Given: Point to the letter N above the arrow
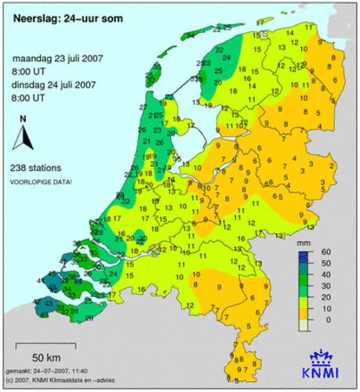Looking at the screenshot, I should click(x=24, y=119).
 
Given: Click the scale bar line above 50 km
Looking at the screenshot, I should click(x=53, y=343).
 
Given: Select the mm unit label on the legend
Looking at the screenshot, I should click(x=305, y=245).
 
